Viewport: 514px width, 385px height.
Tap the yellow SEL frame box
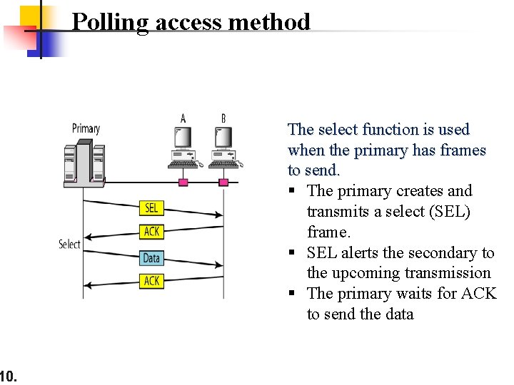(152, 207)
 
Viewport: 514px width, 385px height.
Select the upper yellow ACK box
(152, 231)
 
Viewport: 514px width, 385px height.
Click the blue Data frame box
(151, 257)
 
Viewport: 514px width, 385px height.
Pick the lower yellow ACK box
(152, 281)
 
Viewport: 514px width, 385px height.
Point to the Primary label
(86, 128)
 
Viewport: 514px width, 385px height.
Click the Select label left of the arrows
(69, 245)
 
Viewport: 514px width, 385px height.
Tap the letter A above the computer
(183, 118)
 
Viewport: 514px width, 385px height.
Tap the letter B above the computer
(223, 118)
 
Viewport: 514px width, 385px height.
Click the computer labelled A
(183, 146)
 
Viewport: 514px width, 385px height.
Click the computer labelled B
(224, 146)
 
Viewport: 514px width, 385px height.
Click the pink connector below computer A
(183, 183)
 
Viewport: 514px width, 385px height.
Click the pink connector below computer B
(223, 183)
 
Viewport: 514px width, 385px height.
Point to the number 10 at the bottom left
(8, 375)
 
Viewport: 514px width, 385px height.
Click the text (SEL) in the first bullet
(450, 212)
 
